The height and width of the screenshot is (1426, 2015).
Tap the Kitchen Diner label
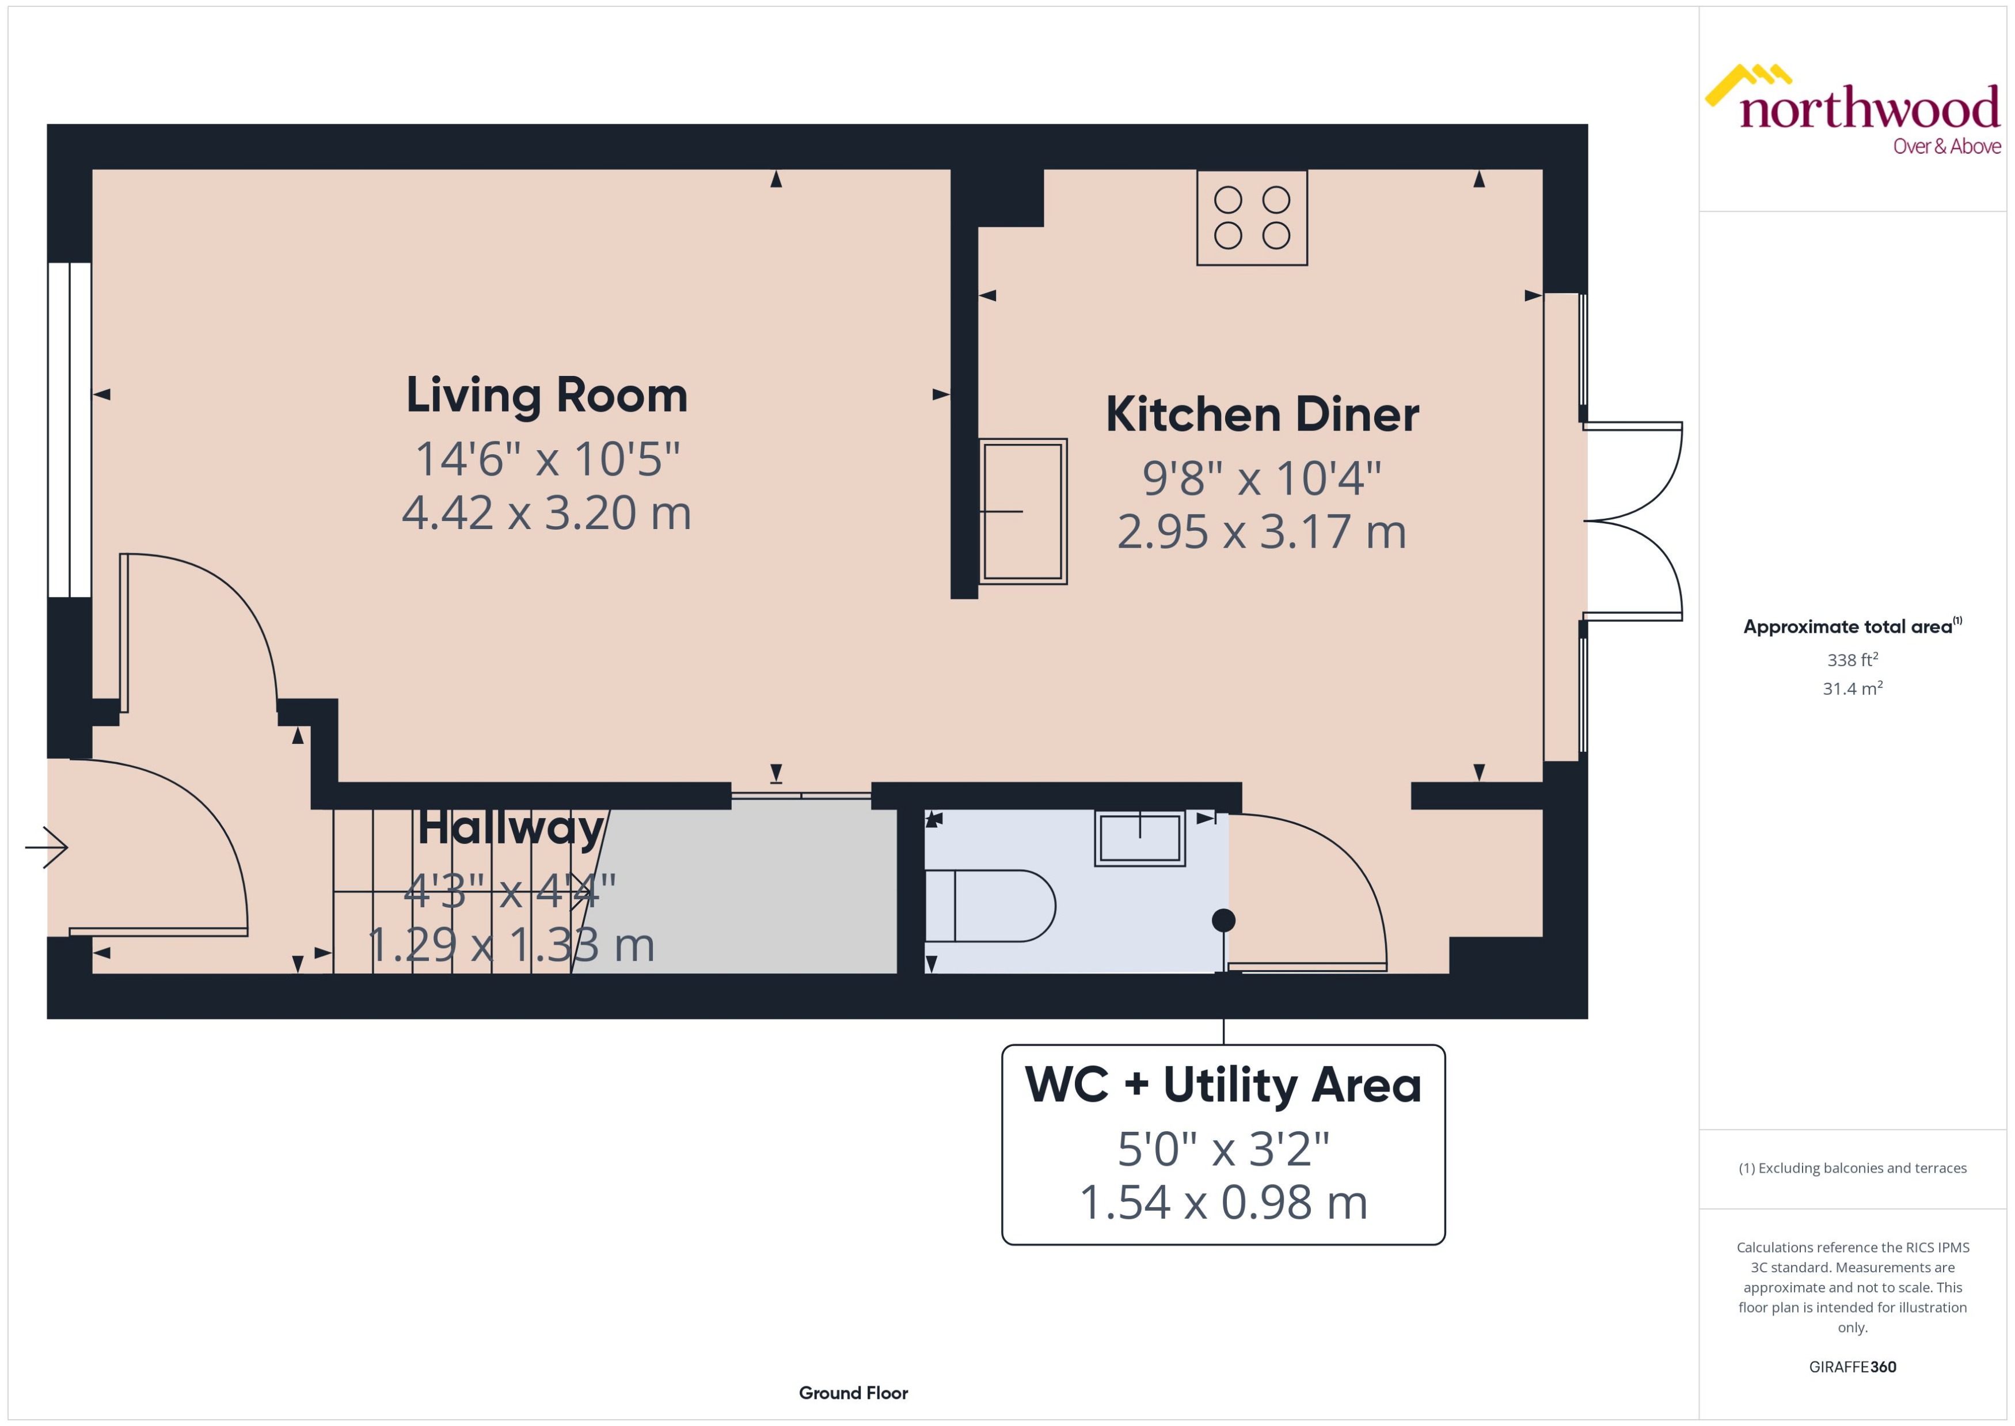(x=1262, y=415)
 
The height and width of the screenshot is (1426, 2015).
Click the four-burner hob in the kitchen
(x=1252, y=218)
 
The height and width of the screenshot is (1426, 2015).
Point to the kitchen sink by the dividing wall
(x=1023, y=511)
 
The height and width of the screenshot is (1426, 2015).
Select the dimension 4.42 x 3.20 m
(x=546, y=513)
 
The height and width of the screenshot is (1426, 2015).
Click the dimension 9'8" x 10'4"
(x=1262, y=478)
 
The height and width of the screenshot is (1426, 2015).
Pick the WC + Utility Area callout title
(x=1223, y=1085)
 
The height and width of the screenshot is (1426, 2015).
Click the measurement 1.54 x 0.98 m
(x=1223, y=1202)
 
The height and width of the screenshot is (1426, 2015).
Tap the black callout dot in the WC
(x=1223, y=920)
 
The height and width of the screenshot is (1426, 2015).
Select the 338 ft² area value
(x=1853, y=659)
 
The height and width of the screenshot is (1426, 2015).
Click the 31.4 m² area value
(x=1853, y=689)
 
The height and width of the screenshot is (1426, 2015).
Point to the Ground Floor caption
(x=853, y=1393)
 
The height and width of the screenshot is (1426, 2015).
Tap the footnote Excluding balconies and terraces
(x=1853, y=1168)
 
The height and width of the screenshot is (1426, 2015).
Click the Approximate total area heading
(x=1851, y=626)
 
